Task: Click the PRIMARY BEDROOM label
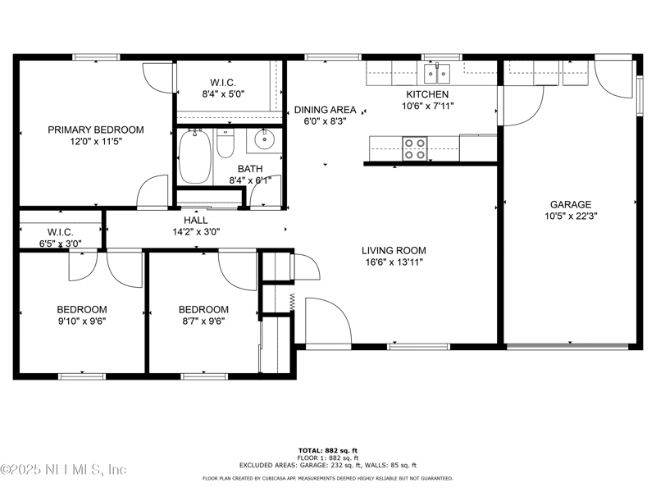click(x=96, y=130)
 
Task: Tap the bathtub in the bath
click(x=194, y=157)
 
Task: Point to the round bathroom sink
click(x=264, y=140)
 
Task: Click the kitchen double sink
click(x=437, y=74)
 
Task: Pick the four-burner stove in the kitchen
click(x=415, y=149)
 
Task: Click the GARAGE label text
click(x=571, y=204)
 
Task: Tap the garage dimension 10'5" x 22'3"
click(x=571, y=216)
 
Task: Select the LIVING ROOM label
click(x=394, y=251)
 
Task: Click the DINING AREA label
click(x=325, y=110)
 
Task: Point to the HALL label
click(x=196, y=220)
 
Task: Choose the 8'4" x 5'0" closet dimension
click(x=223, y=94)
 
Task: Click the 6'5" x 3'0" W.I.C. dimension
click(x=61, y=244)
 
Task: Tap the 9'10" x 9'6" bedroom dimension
click(x=82, y=321)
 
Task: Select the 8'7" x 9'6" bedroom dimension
click(x=203, y=321)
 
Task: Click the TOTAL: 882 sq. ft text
click(x=327, y=450)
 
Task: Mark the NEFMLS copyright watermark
click(x=63, y=469)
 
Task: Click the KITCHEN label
click(x=427, y=94)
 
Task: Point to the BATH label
click(x=250, y=169)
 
